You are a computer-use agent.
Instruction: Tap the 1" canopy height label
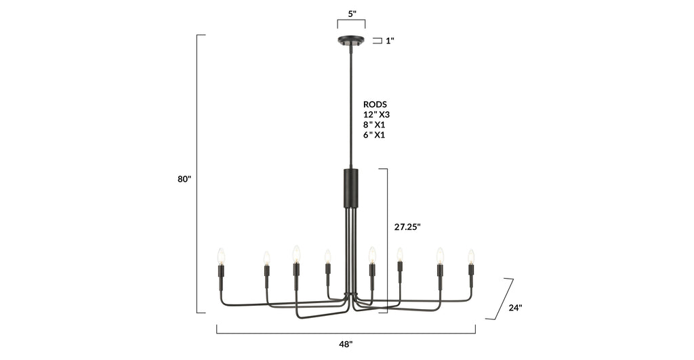pyautogui.click(x=390, y=41)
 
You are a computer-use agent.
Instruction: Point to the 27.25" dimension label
pyautogui.click(x=407, y=227)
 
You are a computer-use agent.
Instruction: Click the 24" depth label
pyautogui.click(x=515, y=307)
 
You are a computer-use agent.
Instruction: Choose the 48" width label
pyautogui.click(x=346, y=344)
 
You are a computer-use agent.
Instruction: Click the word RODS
pyautogui.click(x=375, y=104)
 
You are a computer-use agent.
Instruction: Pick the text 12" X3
pyautogui.click(x=376, y=115)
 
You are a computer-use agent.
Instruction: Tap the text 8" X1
pyautogui.click(x=375, y=125)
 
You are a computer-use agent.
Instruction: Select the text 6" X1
pyautogui.click(x=375, y=135)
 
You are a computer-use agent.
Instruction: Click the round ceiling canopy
pyautogui.click(x=351, y=41)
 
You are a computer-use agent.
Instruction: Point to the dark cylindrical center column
pyautogui.click(x=351, y=188)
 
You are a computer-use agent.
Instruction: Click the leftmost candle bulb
pyautogui.click(x=220, y=256)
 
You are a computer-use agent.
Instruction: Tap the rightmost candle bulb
pyautogui.click(x=471, y=256)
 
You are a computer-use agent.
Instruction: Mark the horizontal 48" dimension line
pyautogui.click(x=346, y=333)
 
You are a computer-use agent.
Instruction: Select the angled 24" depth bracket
pyautogui.click(x=504, y=298)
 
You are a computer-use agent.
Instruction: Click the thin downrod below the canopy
pyautogui.click(x=351, y=108)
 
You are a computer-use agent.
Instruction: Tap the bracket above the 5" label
pyautogui.click(x=351, y=21)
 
